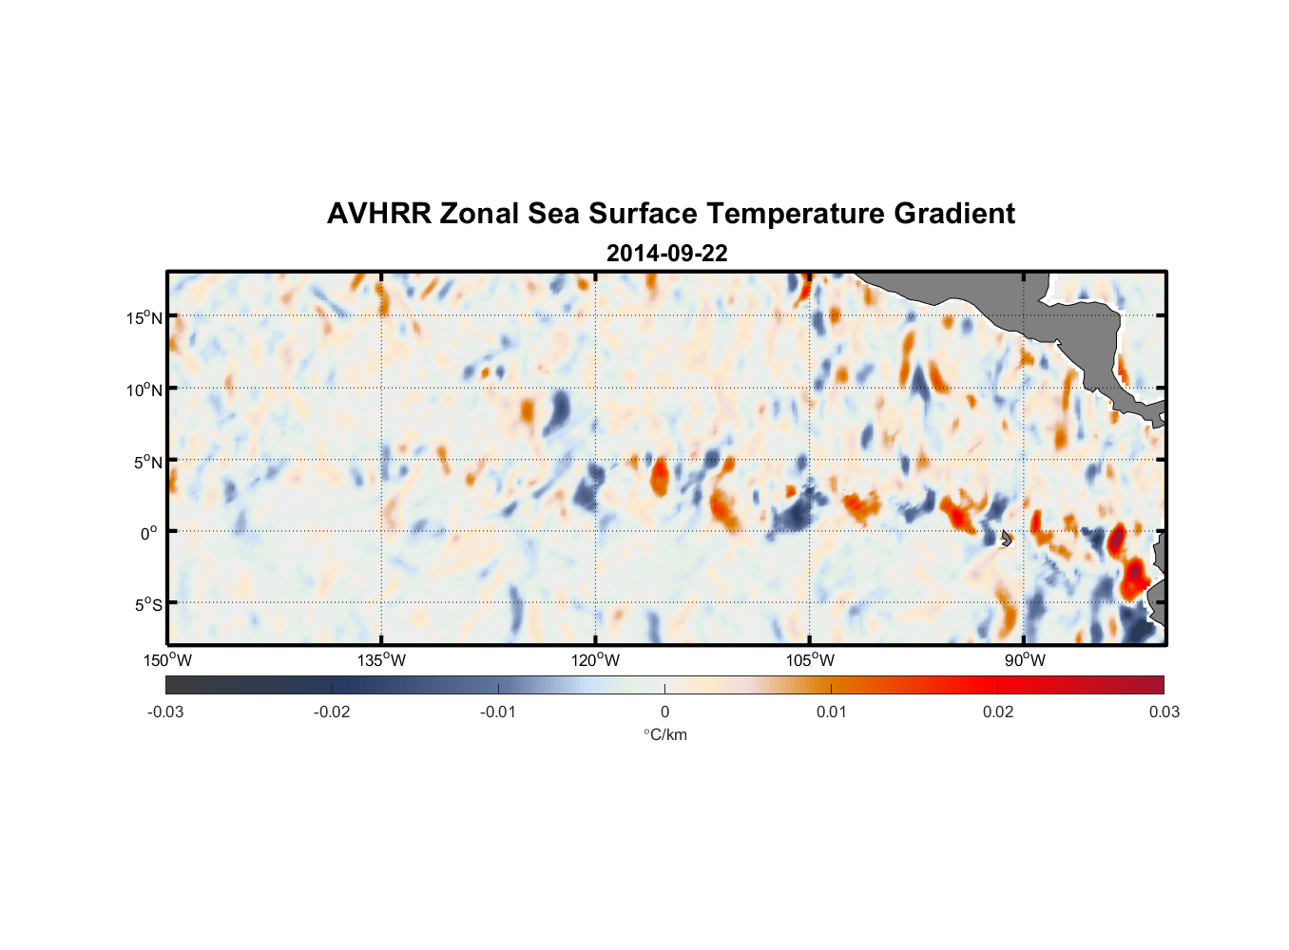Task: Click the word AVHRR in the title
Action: (x=378, y=214)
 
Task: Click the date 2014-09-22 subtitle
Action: (x=666, y=254)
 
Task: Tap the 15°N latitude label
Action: (x=144, y=317)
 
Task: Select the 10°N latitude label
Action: (x=144, y=389)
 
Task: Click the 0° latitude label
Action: (x=148, y=533)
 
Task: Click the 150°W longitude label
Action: (x=167, y=660)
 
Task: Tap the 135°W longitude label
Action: (x=381, y=660)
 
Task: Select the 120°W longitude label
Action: (x=595, y=660)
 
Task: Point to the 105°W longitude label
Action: (x=810, y=660)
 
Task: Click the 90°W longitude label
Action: (x=1024, y=660)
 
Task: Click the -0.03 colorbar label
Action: (x=165, y=712)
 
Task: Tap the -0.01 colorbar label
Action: (x=498, y=712)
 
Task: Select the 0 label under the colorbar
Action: (x=664, y=712)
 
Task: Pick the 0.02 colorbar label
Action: (x=998, y=712)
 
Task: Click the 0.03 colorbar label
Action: (x=1164, y=712)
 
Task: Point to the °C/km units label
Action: (x=664, y=734)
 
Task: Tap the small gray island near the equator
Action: (x=1006, y=538)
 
